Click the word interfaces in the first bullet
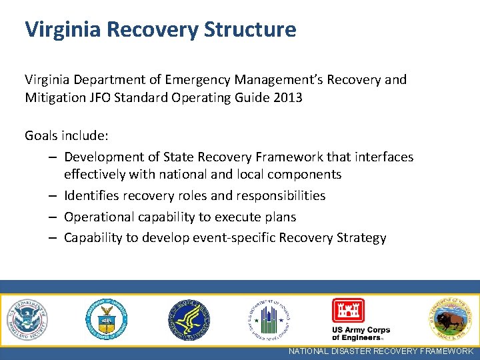click(380, 157)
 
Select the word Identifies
click(93, 196)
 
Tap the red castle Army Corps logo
click(348, 311)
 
